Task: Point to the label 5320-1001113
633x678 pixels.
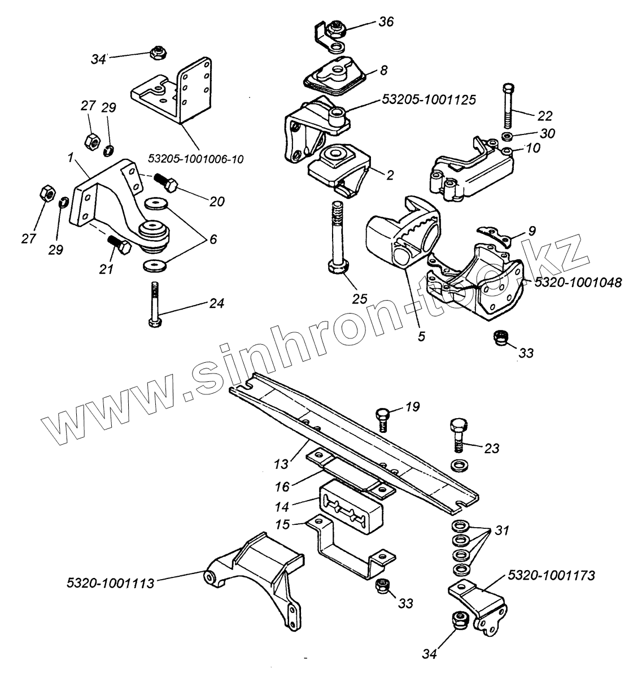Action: (x=110, y=583)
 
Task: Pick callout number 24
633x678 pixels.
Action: (x=217, y=303)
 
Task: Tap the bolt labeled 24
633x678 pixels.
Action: (x=154, y=306)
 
